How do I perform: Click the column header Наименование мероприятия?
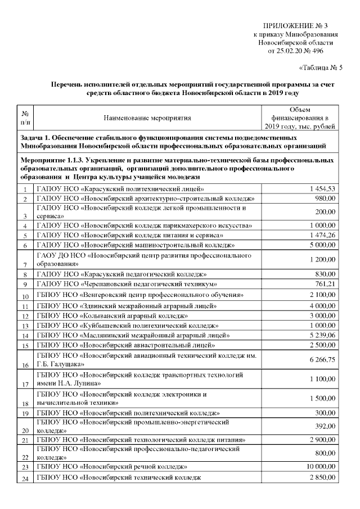click(x=147, y=118)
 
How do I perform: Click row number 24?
click(x=25, y=479)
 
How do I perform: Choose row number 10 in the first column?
click(x=25, y=296)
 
